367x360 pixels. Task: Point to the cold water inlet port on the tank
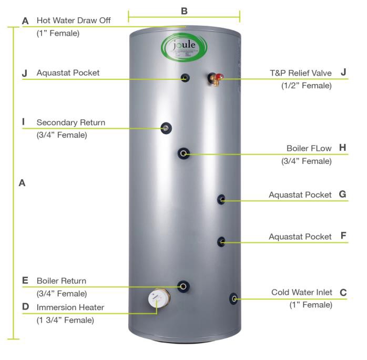[233, 299]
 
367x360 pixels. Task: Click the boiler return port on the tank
[183, 286]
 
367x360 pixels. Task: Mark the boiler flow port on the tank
[183, 153]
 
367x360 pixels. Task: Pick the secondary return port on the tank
[166, 128]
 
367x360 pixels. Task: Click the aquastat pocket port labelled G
[221, 200]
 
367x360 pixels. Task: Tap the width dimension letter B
[184, 10]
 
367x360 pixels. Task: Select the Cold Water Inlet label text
[301, 292]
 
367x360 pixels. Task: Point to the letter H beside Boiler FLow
[342, 148]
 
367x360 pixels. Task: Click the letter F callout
[343, 236]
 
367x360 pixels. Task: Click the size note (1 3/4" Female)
[65, 320]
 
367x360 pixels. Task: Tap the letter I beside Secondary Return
[24, 122]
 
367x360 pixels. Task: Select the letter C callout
[343, 292]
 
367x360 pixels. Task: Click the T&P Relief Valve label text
[301, 73]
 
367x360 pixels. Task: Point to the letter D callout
[25, 307]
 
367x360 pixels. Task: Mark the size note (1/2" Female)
[307, 86]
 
